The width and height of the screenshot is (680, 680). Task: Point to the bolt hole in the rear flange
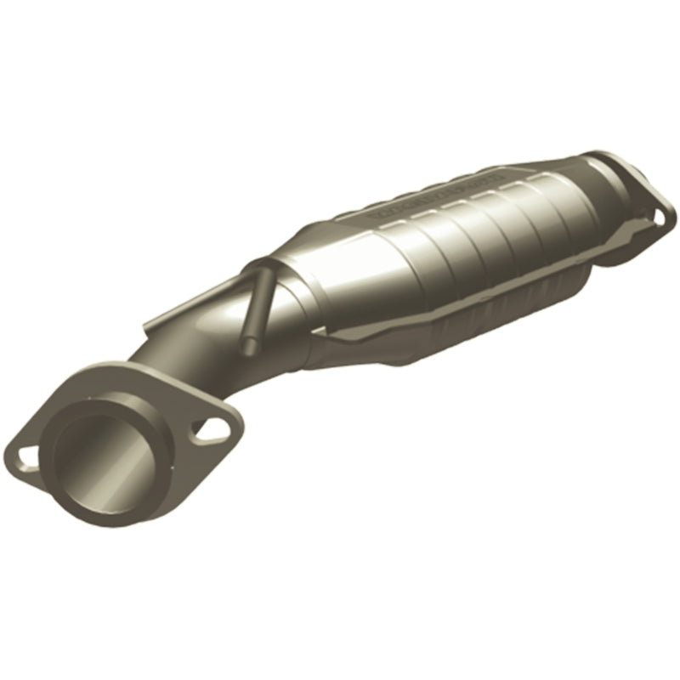point(659,217)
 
